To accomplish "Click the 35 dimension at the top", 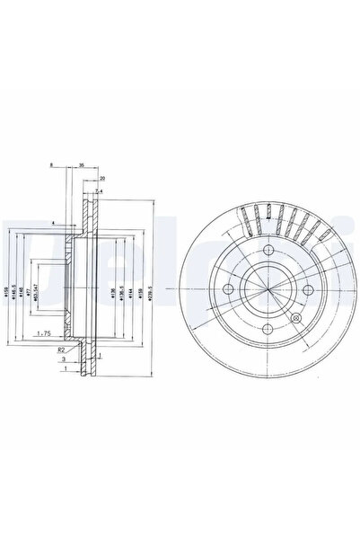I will coord(82,166).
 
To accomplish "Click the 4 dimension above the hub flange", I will coord(54,222).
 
